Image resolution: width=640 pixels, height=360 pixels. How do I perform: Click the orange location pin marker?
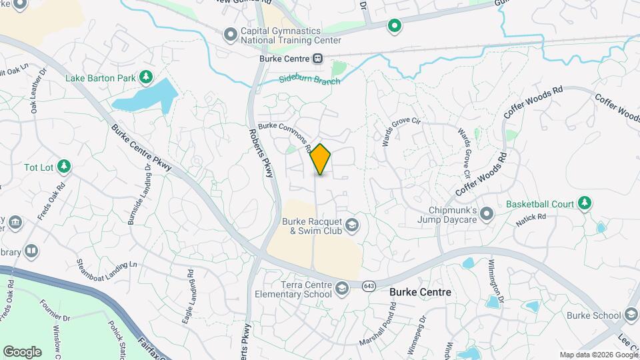[321, 159]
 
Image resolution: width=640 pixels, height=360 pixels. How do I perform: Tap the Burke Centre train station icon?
[318, 59]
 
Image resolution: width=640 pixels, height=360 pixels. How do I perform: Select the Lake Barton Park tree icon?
[145, 78]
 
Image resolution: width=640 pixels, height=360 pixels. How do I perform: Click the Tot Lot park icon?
[64, 166]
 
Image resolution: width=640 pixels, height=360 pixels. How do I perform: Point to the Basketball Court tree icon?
[585, 203]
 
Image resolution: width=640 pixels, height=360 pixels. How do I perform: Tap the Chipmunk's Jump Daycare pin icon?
[487, 214]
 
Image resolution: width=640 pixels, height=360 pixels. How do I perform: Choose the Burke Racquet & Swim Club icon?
[351, 227]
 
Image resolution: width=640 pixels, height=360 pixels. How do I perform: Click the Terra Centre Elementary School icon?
[342, 288]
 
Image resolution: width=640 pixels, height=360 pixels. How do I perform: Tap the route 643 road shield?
[369, 285]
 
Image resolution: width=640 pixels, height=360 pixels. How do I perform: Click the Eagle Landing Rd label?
[188, 297]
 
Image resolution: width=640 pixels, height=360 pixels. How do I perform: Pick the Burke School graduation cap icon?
[631, 315]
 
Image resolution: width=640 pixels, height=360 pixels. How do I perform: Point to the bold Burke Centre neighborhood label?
[420, 292]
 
